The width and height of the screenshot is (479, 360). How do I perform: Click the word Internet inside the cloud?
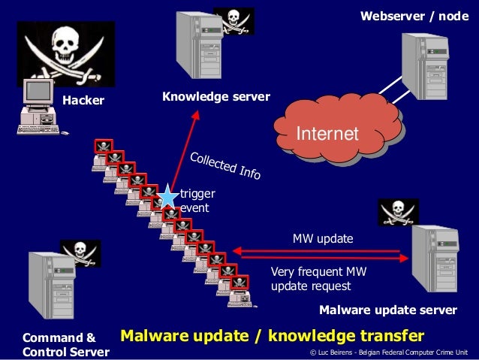pos(328,134)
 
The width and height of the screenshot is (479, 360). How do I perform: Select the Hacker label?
pos(83,100)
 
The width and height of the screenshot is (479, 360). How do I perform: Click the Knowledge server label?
pos(216,97)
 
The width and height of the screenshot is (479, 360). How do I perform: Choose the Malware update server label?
pos(388,310)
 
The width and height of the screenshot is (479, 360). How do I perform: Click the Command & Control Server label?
pos(66,344)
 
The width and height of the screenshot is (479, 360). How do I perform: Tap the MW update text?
pos(322,239)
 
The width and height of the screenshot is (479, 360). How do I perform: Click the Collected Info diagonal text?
pos(225,166)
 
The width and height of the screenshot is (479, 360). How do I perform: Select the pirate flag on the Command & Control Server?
pos(81,253)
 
